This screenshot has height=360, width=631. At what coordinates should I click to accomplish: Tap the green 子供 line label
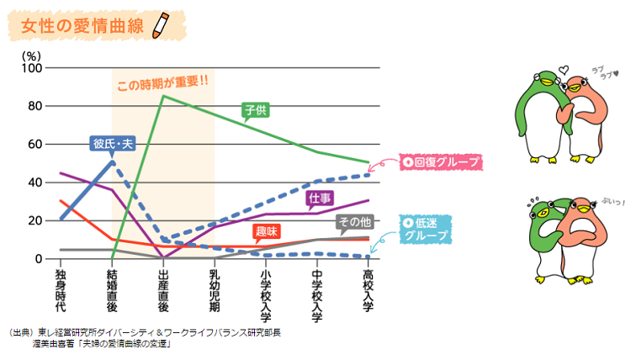[254, 109]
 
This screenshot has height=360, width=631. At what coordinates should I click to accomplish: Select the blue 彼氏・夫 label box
[113, 144]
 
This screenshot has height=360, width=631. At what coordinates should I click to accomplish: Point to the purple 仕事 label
[320, 198]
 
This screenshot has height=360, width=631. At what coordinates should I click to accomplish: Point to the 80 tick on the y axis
[34, 106]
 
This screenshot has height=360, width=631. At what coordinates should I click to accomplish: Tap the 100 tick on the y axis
[32, 68]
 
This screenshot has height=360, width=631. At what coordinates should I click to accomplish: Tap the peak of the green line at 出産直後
[162, 96]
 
